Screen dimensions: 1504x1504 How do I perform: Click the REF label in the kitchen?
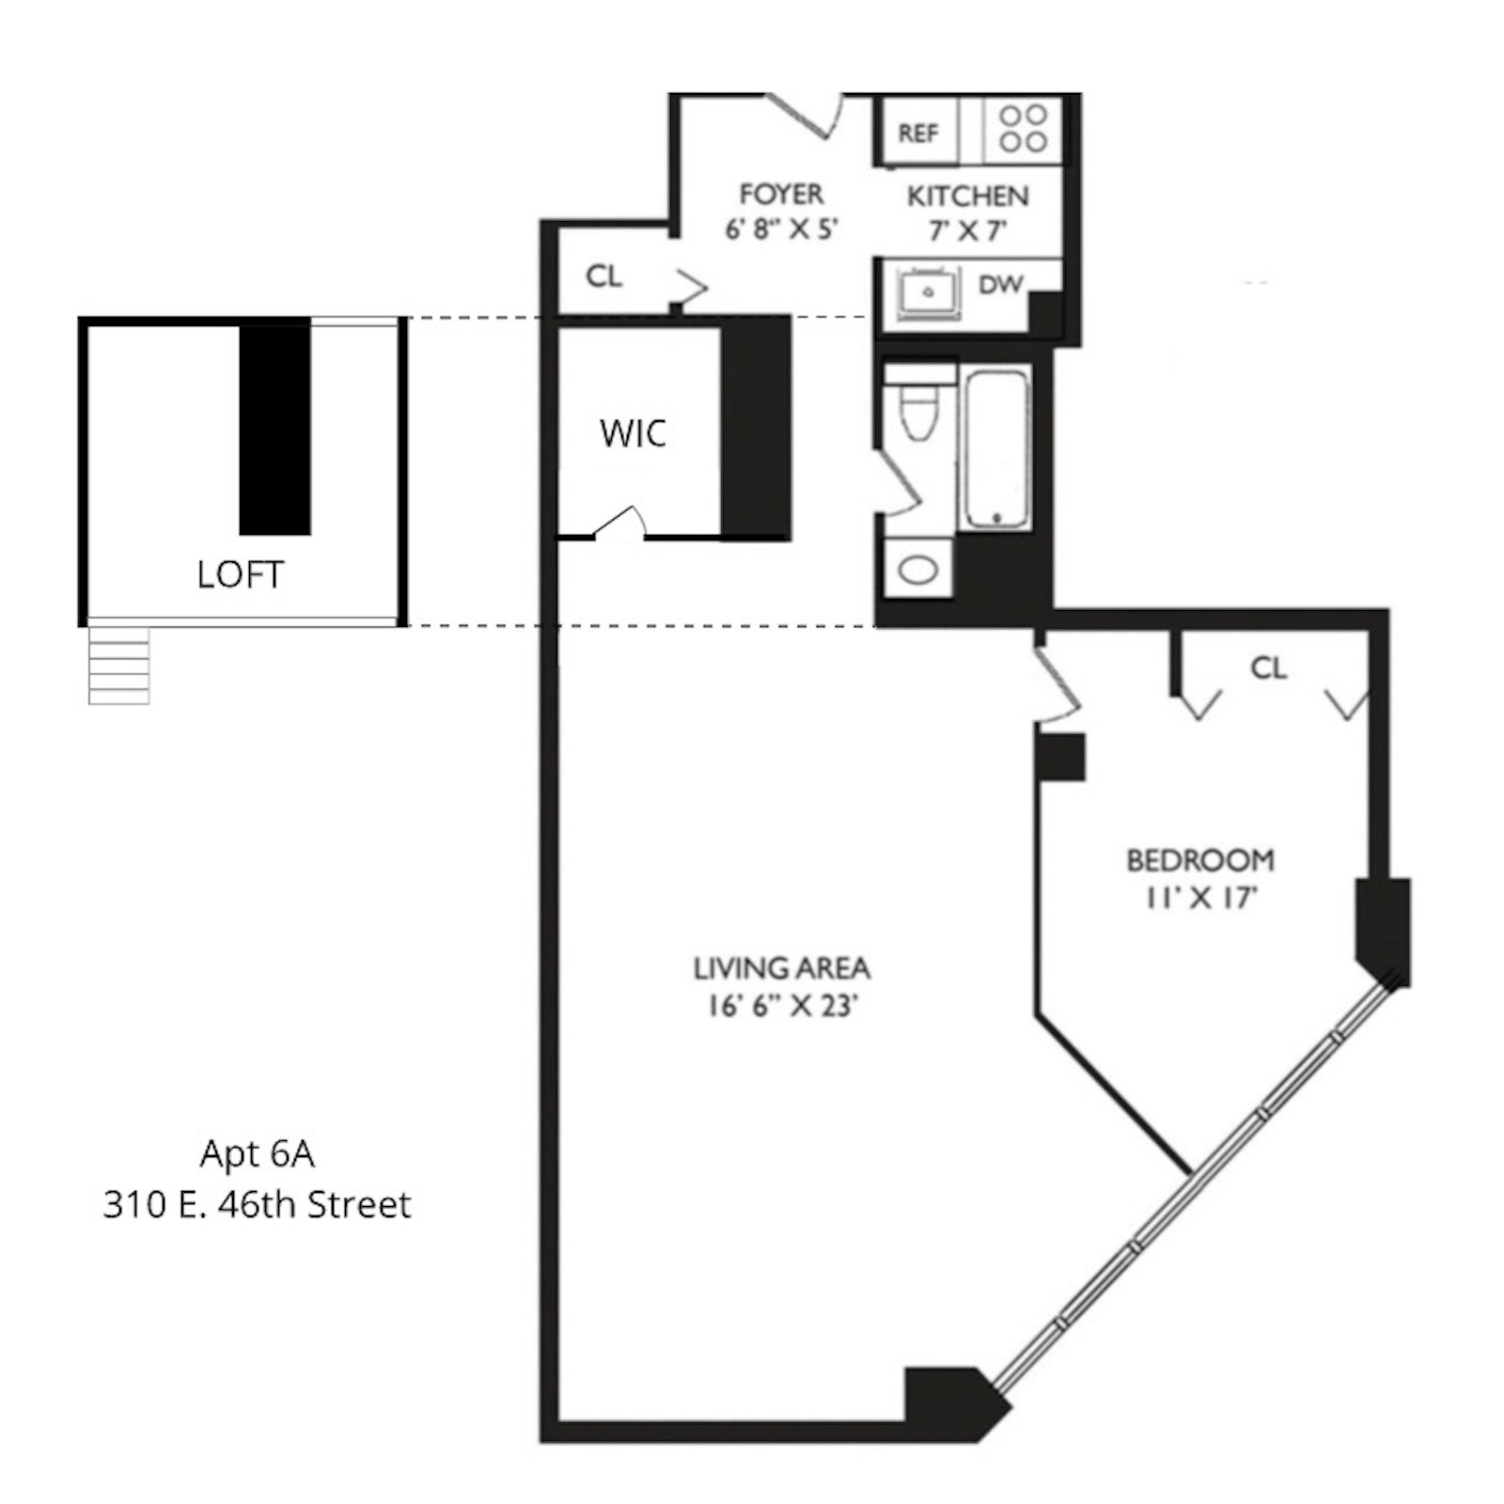coord(917,133)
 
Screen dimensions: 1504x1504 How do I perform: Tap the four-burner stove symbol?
coord(1023,129)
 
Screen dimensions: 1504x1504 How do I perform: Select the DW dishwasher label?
coord(999,284)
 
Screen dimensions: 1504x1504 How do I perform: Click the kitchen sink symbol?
coord(928,292)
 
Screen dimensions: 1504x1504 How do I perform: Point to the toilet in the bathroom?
coord(916,410)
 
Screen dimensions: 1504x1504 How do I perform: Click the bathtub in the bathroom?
coord(995,448)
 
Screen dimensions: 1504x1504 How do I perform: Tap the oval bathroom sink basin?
coord(917,570)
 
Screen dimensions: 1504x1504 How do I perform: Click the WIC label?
coord(633,433)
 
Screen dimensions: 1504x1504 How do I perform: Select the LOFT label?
coord(240,574)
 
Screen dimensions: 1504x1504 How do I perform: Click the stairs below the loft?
coord(118,666)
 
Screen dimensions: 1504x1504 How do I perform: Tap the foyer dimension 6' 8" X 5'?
coord(780,229)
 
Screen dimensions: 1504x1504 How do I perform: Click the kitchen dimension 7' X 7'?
coord(967,230)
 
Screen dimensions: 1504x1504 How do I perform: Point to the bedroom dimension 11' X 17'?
coord(1200,898)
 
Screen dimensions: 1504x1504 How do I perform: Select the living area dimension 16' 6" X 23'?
coord(782,1006)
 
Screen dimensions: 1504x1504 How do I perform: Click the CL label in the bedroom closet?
coord(1268,668)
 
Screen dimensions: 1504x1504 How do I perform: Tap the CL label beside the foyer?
coord(603,276)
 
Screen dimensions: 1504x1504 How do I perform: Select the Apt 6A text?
coord(257,1153)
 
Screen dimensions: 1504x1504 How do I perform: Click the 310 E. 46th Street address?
coord(257,1204)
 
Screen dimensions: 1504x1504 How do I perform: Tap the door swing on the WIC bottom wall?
coord(620,521)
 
